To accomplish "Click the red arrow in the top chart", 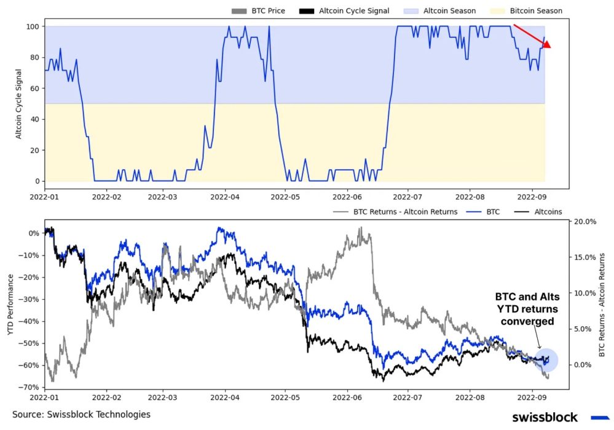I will click(x=532, y=36).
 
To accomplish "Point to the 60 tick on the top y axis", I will click(x=31, y=88).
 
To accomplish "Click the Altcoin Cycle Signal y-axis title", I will click(x=18, y=104).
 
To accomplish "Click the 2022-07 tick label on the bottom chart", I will click(x=409, y=397).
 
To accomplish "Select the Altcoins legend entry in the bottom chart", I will click(x=545, y=212).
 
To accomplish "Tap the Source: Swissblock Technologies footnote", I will click(x=81, y=415).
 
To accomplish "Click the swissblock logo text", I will click(x=545, y=418).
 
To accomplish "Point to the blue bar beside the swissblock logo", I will click(x=599, y=418).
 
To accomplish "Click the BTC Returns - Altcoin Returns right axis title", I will click(x=603, y=307).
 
